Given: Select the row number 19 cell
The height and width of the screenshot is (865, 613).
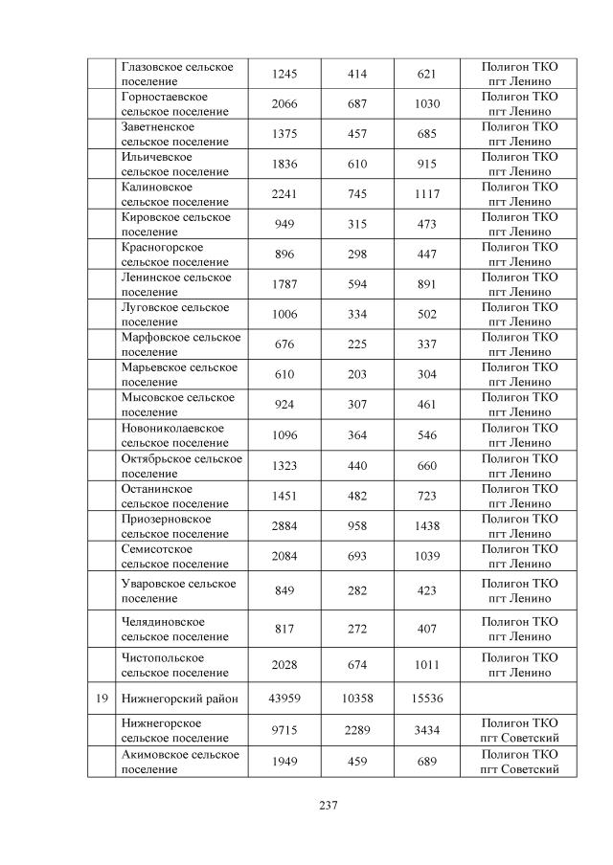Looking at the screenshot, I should coord(102,699).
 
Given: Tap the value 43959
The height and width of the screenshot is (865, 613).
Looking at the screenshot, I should coord(284,699).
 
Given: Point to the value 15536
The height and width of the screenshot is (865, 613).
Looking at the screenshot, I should coord(427,699).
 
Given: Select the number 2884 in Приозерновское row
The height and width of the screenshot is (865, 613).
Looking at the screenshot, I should coord(284,526).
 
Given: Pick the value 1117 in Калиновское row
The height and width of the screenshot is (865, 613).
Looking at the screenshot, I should coord(427,194).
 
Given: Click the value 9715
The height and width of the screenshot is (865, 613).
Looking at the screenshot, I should coord(284,731).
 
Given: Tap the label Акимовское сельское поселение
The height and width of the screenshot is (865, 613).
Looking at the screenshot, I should coord(179,762).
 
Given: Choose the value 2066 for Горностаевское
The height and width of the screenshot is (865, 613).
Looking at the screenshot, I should coord(284,103).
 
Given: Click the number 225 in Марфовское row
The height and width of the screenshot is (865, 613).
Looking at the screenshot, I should coord(357,345).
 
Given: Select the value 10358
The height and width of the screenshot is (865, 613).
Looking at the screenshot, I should coord(357,699).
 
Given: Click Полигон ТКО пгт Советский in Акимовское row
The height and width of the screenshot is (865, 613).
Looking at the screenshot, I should coord(519,762).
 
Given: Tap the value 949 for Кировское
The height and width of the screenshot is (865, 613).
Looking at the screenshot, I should coord(284,225).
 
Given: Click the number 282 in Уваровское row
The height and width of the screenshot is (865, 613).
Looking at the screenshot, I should coord(357,591).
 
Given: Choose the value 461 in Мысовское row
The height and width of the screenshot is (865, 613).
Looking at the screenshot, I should coord(427,406).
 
